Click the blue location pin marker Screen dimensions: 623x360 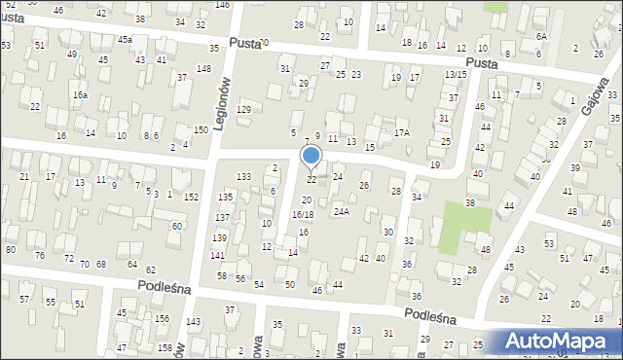click(311, 156)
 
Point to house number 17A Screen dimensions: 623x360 click(401, 132)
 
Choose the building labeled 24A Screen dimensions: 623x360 click(341, 211)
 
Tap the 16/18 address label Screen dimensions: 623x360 click(303, 214)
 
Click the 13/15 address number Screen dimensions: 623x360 click(456, 75)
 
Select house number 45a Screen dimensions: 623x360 click(125, 40)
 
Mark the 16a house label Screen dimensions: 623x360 click(80, 95)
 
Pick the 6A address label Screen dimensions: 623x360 click(541, 36)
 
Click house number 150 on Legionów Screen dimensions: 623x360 click(201, 130)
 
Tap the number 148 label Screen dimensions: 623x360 click(203, 68)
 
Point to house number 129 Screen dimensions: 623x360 click(243, 109)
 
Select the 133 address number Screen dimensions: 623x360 click(243, 176)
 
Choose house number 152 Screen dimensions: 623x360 click(192, 198)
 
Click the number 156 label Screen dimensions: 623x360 click(163, 319)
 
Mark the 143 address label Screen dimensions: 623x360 click(194, 321)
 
